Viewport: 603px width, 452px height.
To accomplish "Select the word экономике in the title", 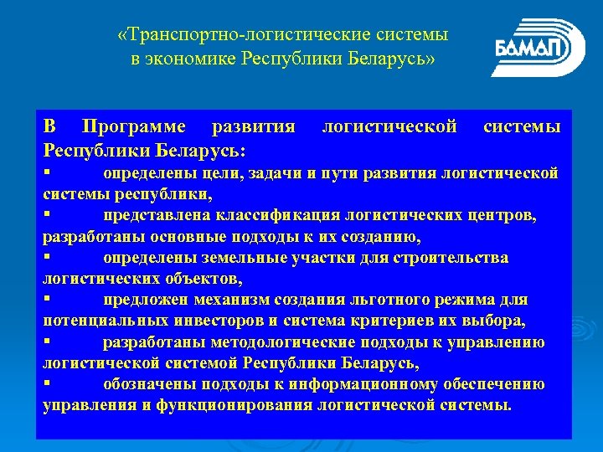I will tap(193, 59).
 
